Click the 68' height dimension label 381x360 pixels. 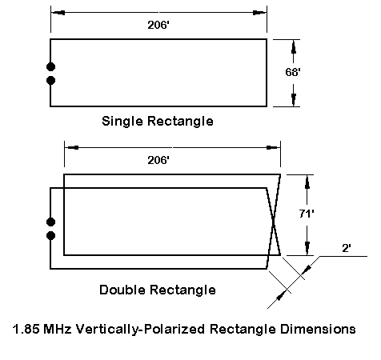[293, 72]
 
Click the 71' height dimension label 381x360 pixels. [307, 214]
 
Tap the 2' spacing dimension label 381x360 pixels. [347, 248]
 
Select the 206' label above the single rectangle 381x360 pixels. [158, 25]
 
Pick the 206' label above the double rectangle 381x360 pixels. [158, 160]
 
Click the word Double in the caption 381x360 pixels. [122, 290]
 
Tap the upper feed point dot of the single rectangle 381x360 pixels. [50, 66]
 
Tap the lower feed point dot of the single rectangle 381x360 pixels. [50, 80]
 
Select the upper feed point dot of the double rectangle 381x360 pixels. [50, 222]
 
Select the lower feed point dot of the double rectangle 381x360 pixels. [50, 236]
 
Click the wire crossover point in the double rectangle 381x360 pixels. [274, 222]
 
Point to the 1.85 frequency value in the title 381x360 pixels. [26, 329]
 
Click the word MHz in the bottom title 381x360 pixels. [58, 329]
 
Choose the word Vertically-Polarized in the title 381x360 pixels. [140, 330]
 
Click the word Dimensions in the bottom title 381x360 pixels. [318, 329]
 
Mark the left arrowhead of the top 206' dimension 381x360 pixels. [58, 13]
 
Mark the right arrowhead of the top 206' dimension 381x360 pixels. [259, 13]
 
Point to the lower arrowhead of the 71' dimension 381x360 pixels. [307, 248]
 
